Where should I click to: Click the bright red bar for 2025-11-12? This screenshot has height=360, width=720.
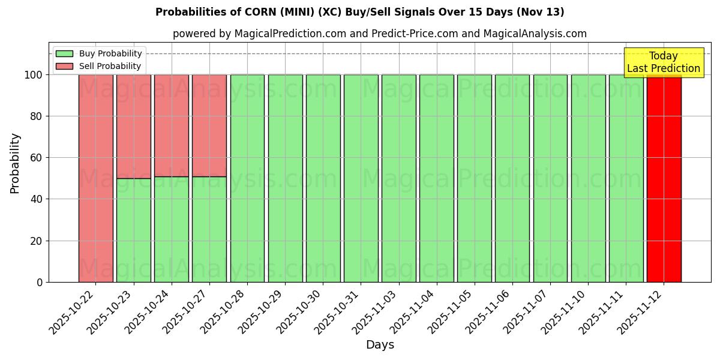coord(664,180)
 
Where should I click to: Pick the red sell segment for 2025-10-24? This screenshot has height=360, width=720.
coord(171,125)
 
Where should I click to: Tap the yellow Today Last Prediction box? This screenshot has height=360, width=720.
coord(663,62)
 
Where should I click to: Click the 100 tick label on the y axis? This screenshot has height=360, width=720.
coord(33,75)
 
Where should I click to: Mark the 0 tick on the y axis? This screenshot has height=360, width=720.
coord(40,282)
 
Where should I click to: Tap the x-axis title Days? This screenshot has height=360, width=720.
coord(380,345)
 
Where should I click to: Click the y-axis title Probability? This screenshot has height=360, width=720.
coord(15,163)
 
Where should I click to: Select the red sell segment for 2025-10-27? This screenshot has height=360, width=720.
coord(209,125)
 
